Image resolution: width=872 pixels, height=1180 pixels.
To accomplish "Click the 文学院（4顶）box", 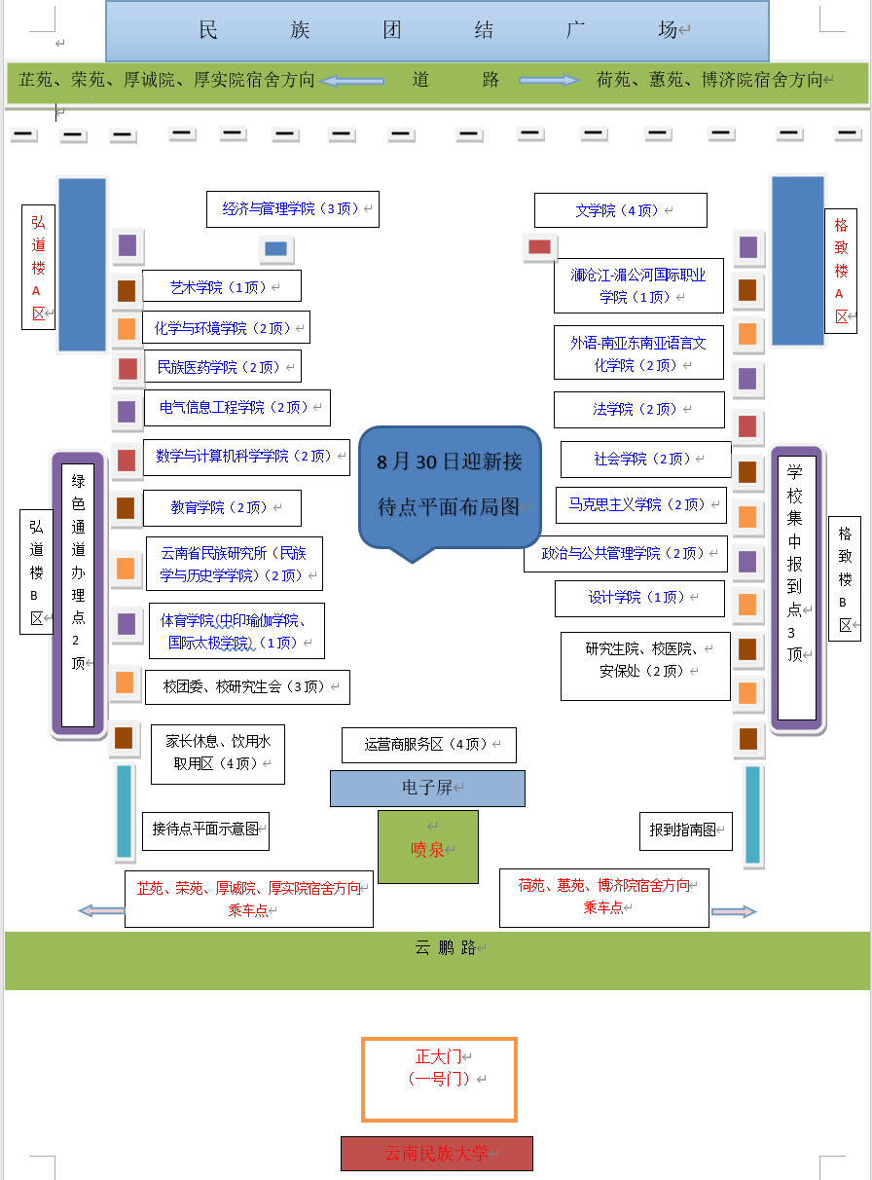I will [620, 210].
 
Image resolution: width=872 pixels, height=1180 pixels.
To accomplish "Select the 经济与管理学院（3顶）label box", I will [292, 209].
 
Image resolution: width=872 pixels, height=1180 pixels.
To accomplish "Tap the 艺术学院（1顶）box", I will [222, 286].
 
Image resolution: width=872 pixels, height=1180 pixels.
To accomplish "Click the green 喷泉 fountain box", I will [428, 847].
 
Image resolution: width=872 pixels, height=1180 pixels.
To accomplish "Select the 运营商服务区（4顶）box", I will [428, 745].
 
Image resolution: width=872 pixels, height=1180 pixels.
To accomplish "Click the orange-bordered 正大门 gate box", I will [439, 1079].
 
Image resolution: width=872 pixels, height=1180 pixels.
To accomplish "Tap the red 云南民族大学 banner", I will [437, 1154].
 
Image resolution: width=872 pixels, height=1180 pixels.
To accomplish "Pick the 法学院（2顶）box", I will [639, 410].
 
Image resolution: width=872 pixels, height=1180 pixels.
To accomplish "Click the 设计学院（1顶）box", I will [639, 598].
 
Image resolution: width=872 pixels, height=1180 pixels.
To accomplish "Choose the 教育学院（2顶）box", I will [222, 508].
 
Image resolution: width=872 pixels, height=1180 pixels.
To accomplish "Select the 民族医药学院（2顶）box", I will [222, 367].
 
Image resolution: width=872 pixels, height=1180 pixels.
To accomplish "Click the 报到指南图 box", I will [685, 830].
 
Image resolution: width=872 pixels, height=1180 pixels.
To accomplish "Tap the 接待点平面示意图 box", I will [205, 830].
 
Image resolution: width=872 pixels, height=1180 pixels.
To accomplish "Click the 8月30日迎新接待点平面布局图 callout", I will [450, 484].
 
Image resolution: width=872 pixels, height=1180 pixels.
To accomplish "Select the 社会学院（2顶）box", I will [645, 460].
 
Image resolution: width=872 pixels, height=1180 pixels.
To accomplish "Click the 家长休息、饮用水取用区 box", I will [218, 754].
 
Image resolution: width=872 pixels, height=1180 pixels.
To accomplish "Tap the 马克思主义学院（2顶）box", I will [641, 505].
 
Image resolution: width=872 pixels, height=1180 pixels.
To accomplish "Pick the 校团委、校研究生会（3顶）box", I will [247, 687].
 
